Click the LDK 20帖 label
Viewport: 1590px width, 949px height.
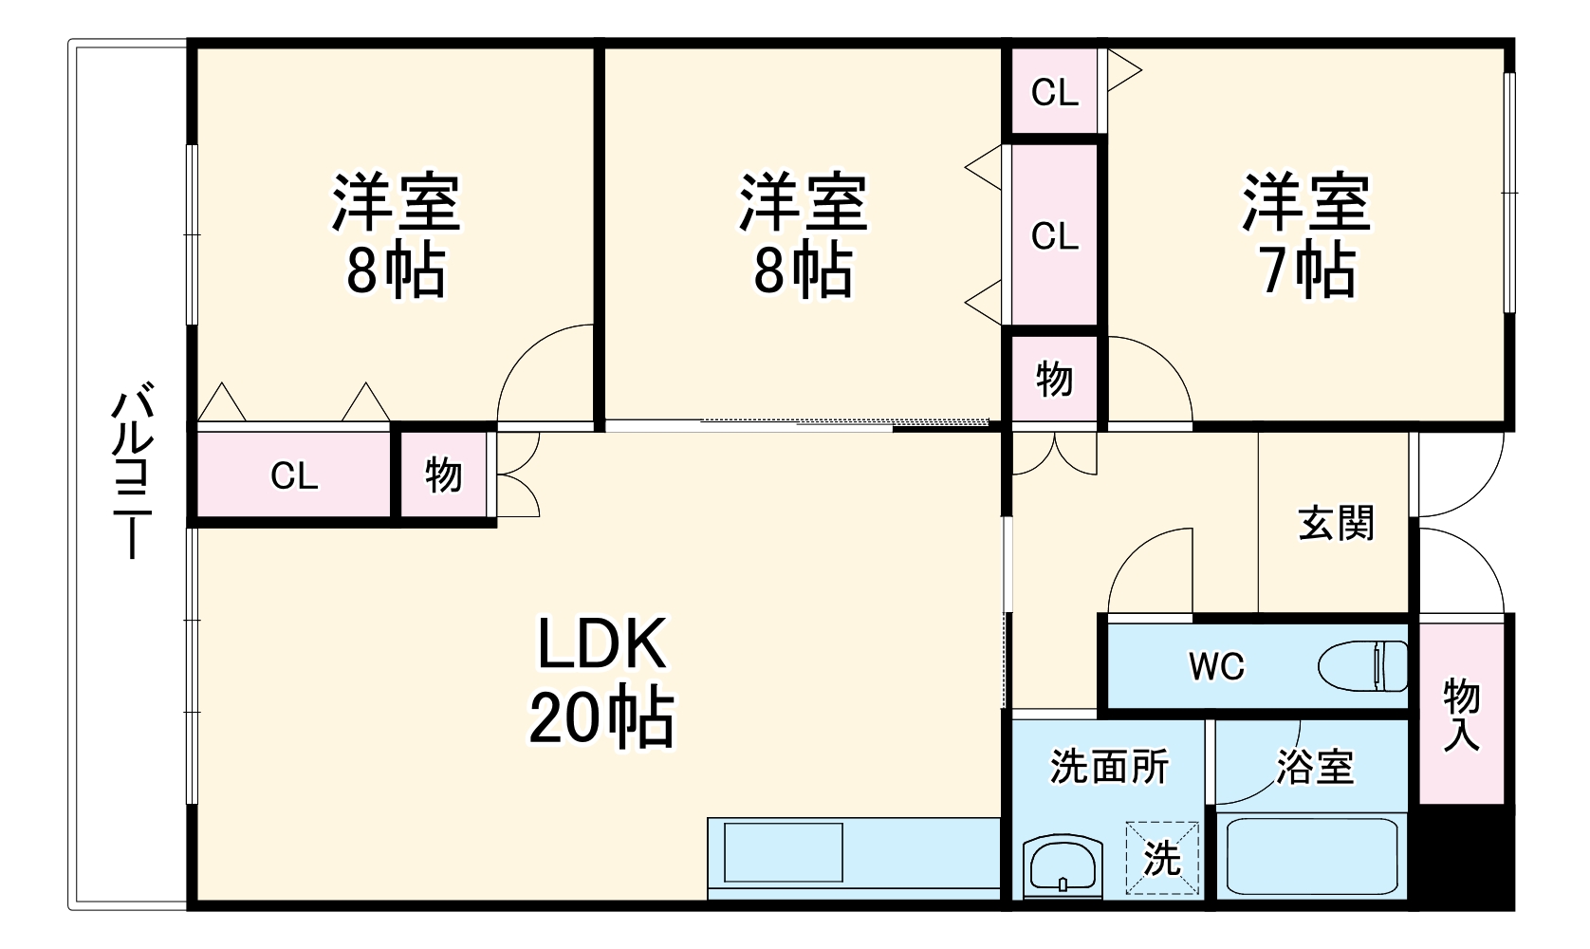pyautogui.click(x=601, y=681)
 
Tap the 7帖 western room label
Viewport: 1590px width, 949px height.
pyautogui.click(x=1306, y=235)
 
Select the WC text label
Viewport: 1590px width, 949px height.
pyautogui.click(x=1216, y=667)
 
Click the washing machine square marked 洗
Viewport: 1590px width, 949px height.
pyautogui.click(x=1162, y=859)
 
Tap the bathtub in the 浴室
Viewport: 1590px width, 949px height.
pyautogui.click(x=1312, y=855)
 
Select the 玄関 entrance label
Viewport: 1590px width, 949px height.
pyautogui.click(x=1336, y=523)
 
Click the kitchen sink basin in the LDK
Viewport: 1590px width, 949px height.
pyautogui.click(x=783, y=852)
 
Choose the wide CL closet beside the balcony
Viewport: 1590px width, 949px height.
pyautogui.click(x=294, y=474)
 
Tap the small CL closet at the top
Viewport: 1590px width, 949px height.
pyautogui.click(x=1054, y=92)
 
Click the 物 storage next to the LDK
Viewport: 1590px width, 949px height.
pyautogui.click(x=443, y=474)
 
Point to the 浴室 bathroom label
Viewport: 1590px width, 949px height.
pyautogui.click(x=1314, y=767)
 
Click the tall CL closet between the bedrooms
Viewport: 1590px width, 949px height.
pyautogui.click(x=1054, y=234)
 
